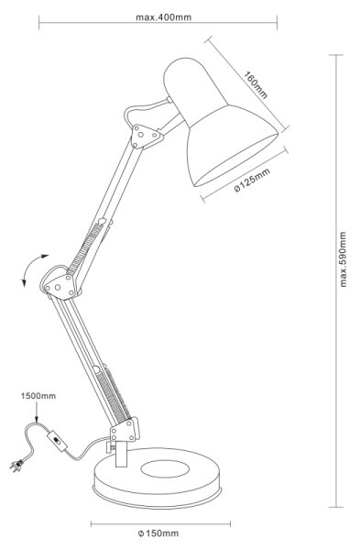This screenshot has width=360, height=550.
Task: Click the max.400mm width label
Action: pyautogui.click(x=164, y=17)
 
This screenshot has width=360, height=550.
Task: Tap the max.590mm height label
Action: pyautogui.click(x=343, y=259)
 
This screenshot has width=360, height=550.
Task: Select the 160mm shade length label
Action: pyautogui.click(x=256, y=85)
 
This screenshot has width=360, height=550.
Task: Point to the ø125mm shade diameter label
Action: pyautogui.click(x=252, y=181)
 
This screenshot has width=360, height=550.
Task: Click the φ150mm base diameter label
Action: pyautogui.click(x=158, y=533)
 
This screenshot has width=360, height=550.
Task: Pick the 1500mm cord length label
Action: pyautogui.click(x=38, y=396)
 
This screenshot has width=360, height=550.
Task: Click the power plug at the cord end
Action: pyautogui.click(x=16, y=466)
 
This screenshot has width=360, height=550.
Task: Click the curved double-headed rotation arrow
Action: pyautogui.click(x=31, y=268)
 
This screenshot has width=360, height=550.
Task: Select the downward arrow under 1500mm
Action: pyautogui.click(x=37, y=412)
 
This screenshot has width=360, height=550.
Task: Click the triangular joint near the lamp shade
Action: pyautogui.click(x=145, y=137)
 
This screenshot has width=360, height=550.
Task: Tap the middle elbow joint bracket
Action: pyautogui.click(x=60, y=286)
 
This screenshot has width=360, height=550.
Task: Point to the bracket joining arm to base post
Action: pyautogui.click(x=125, y=429)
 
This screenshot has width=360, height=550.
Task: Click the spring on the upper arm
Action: pyautogui.click(x=84, y=249)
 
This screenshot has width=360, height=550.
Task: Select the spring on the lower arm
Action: pyautogui.click(x=115, y=396)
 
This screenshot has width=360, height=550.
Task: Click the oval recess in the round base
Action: pyautogui.click(x=165, y=468)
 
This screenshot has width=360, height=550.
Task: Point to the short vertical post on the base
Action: pyautogui.click(x=121, y=454)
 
